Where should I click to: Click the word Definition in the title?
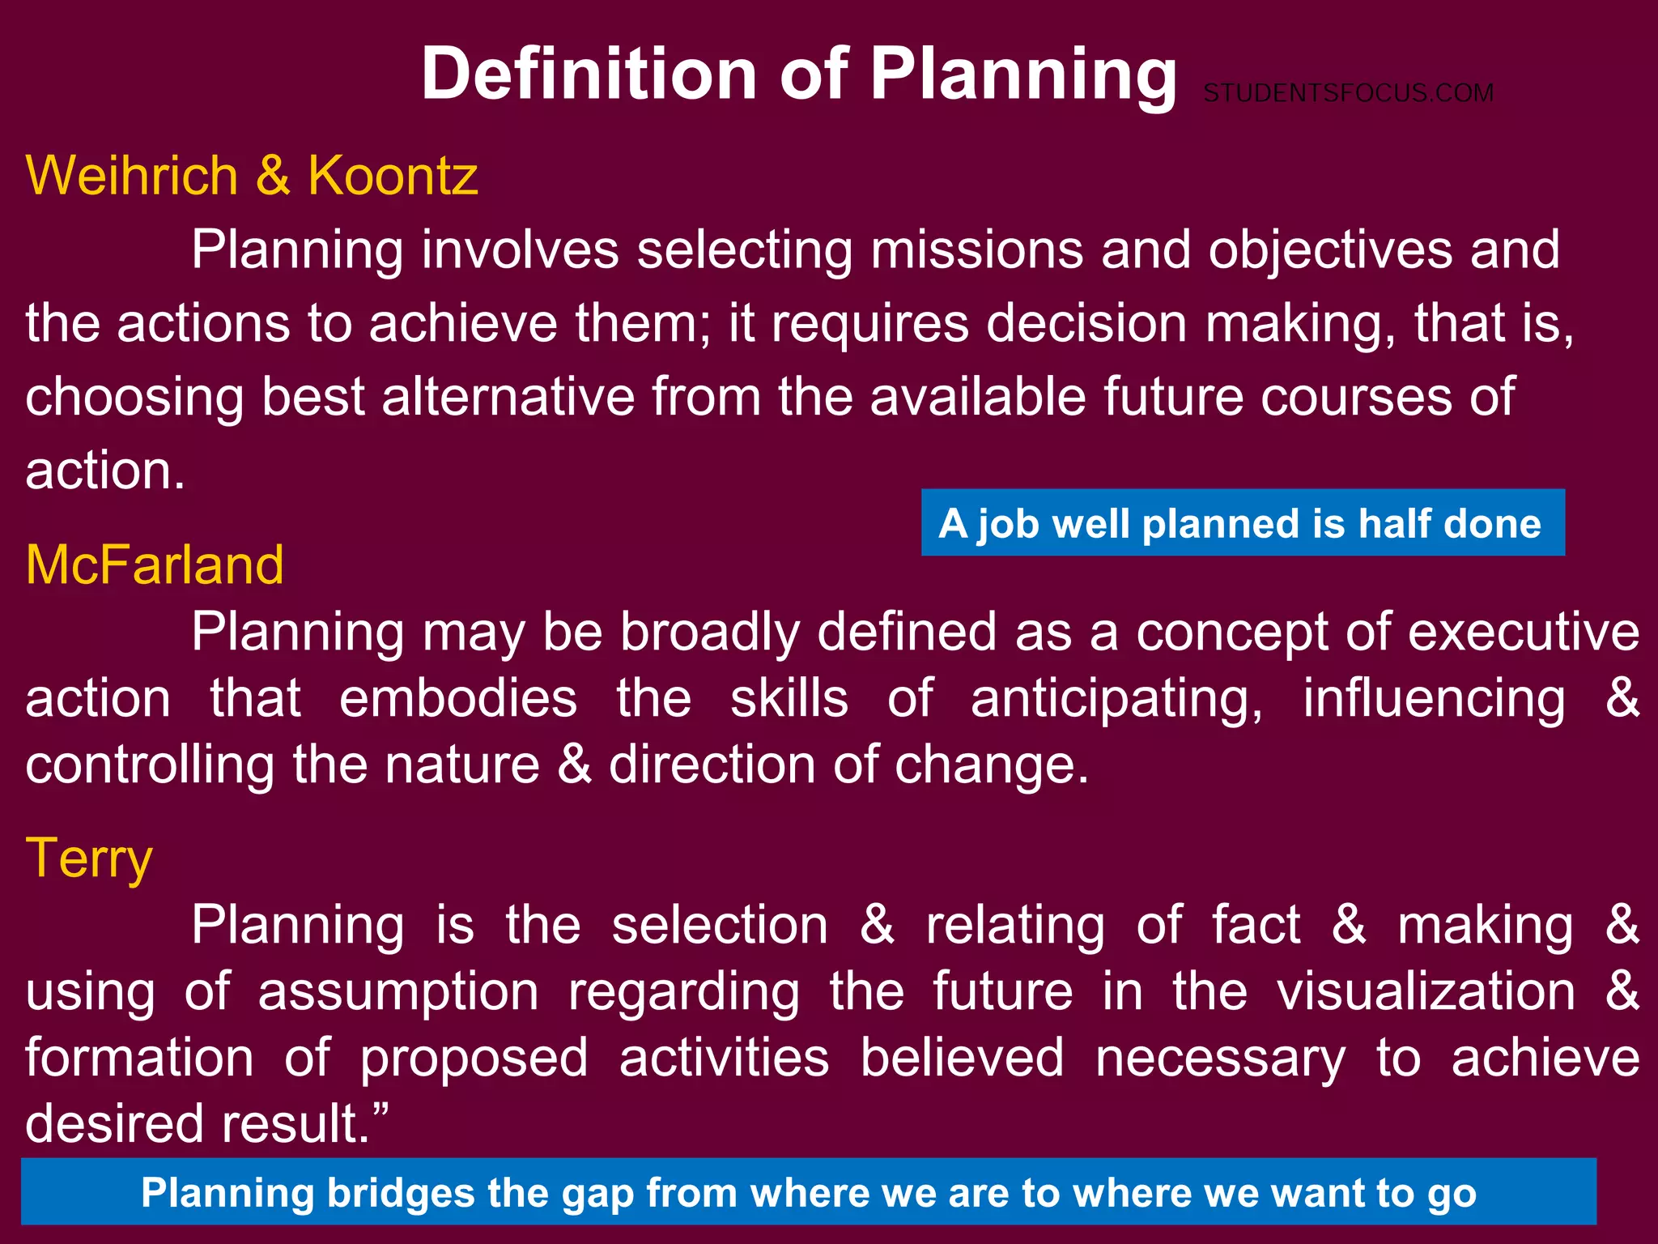point(589,75)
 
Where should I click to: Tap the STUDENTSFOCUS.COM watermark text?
point(1348,93)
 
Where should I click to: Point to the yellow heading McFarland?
point(155,564)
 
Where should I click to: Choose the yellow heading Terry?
point(89,858)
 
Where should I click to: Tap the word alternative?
point(508,397)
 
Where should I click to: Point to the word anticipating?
point(1116,700)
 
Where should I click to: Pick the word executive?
point(1524,632)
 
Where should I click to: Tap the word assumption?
point(398,993)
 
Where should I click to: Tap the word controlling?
point(150,765)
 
